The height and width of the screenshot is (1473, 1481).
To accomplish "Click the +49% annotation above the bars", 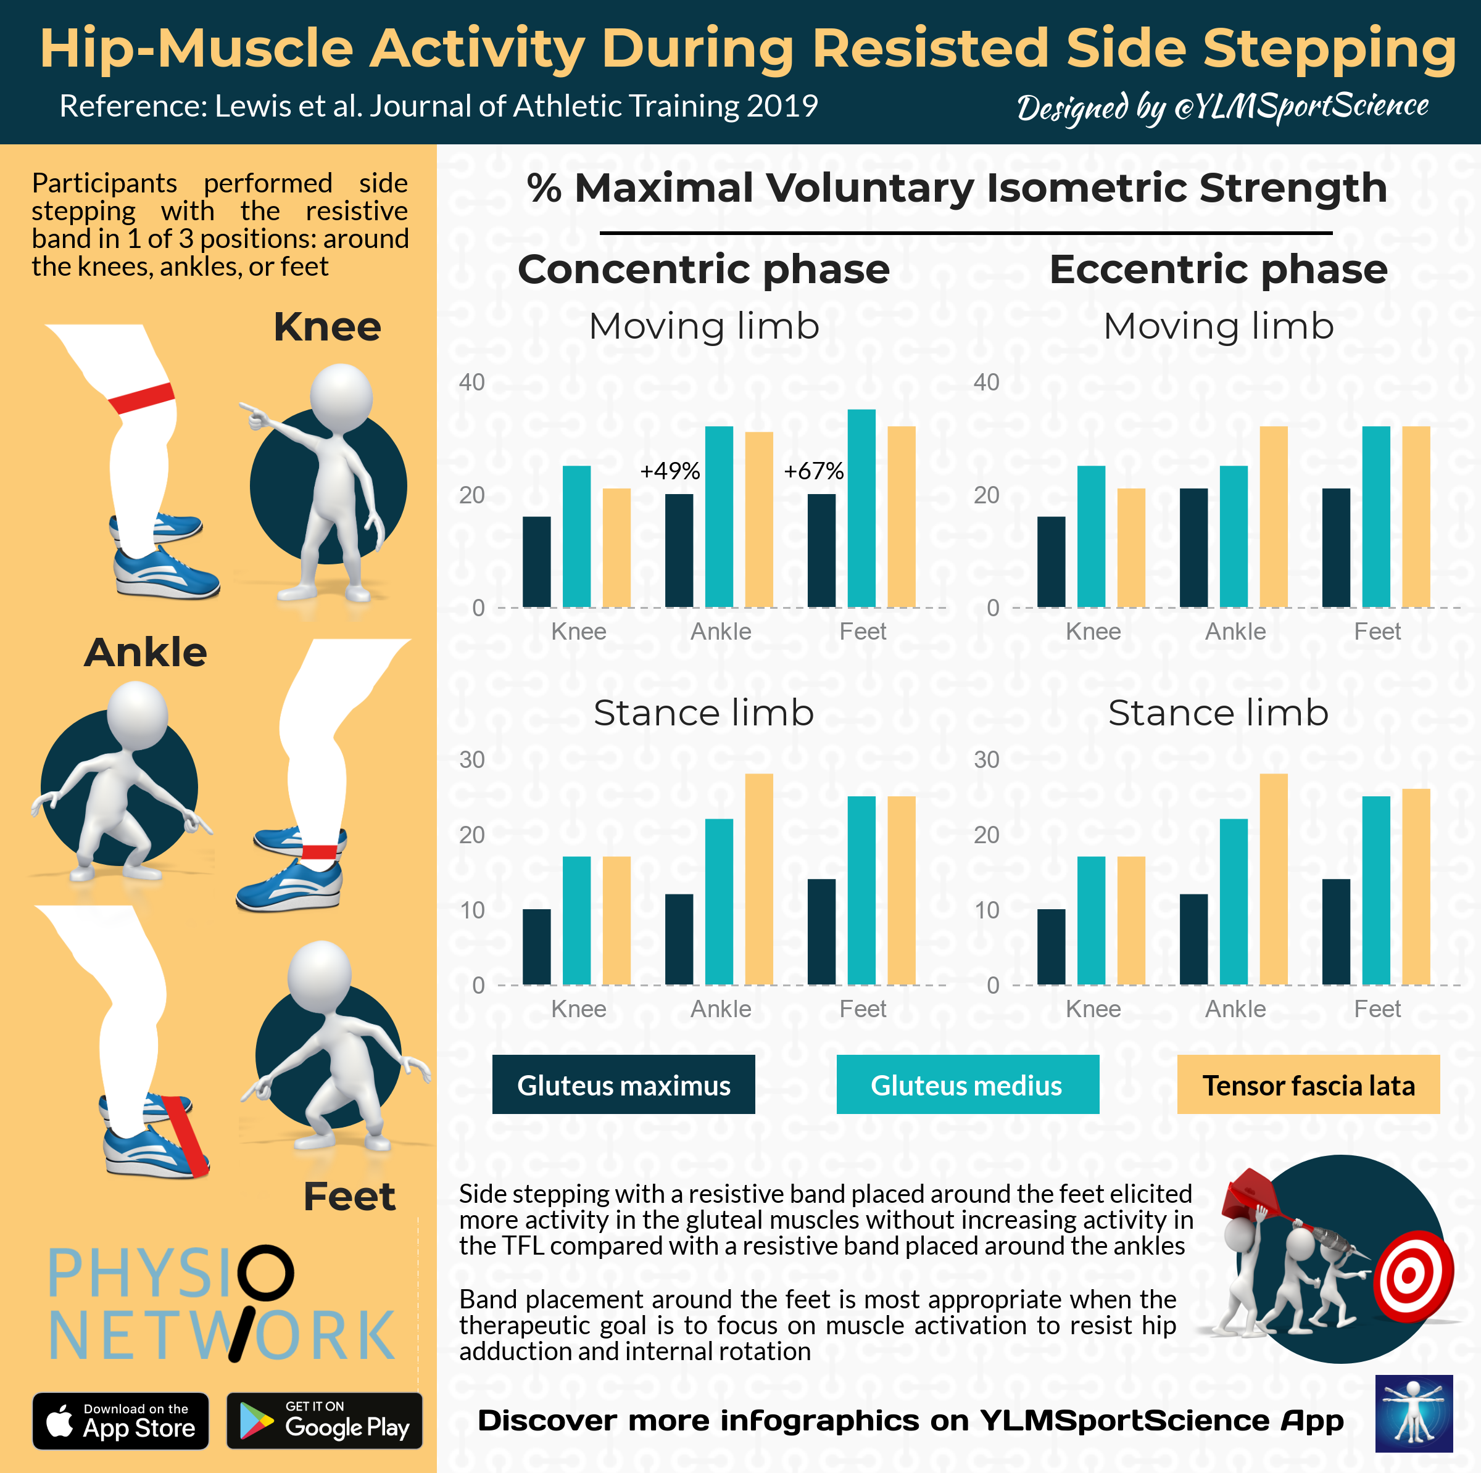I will [670, 471].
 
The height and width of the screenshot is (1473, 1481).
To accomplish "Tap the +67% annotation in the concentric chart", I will [813, 471].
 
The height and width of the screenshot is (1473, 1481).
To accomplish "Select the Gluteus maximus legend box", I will [623, 1084].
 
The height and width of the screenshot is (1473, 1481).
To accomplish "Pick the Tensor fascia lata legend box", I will [1308, 1084].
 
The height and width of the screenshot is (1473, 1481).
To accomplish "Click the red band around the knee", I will [141, 398].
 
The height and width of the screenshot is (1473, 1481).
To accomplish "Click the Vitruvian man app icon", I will [1414, 1413].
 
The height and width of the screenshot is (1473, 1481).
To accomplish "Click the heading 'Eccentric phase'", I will [1218, 269].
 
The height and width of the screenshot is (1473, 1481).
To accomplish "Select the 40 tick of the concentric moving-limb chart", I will [471, 382].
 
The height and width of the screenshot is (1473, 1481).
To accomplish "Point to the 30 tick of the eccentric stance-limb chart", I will [986, 759].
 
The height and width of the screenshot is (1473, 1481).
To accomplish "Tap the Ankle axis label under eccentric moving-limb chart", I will [1235, 632].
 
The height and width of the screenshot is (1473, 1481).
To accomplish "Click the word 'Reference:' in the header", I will [133, 105].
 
